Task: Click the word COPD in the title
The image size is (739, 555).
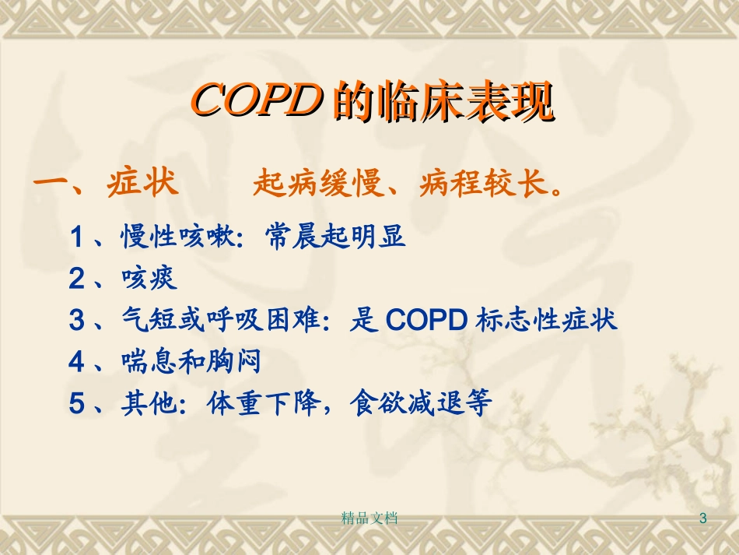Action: pyautogui.click(x=257, y=102)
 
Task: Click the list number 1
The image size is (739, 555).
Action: pyautogui.click(x=77, y=237)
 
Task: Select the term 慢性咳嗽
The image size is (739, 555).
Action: pyautogui.click(x=177, y=236)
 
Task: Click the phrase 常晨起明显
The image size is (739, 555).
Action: pyautogui.click(x=335, y=236)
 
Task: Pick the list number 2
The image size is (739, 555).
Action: pyautogui.click(x=77, y=279)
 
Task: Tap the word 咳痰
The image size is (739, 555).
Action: pyautogui.click(x=149, y=278)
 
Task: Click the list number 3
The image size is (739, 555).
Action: pyautogui.click(x=77, y=321)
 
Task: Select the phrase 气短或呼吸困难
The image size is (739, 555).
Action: pyautogui.click(x=220, y=320)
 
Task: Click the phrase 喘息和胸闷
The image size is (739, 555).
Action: pyautogui.click(x=191, y=362)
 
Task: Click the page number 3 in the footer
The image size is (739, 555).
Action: pyautogui.click(x=704, y=518)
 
